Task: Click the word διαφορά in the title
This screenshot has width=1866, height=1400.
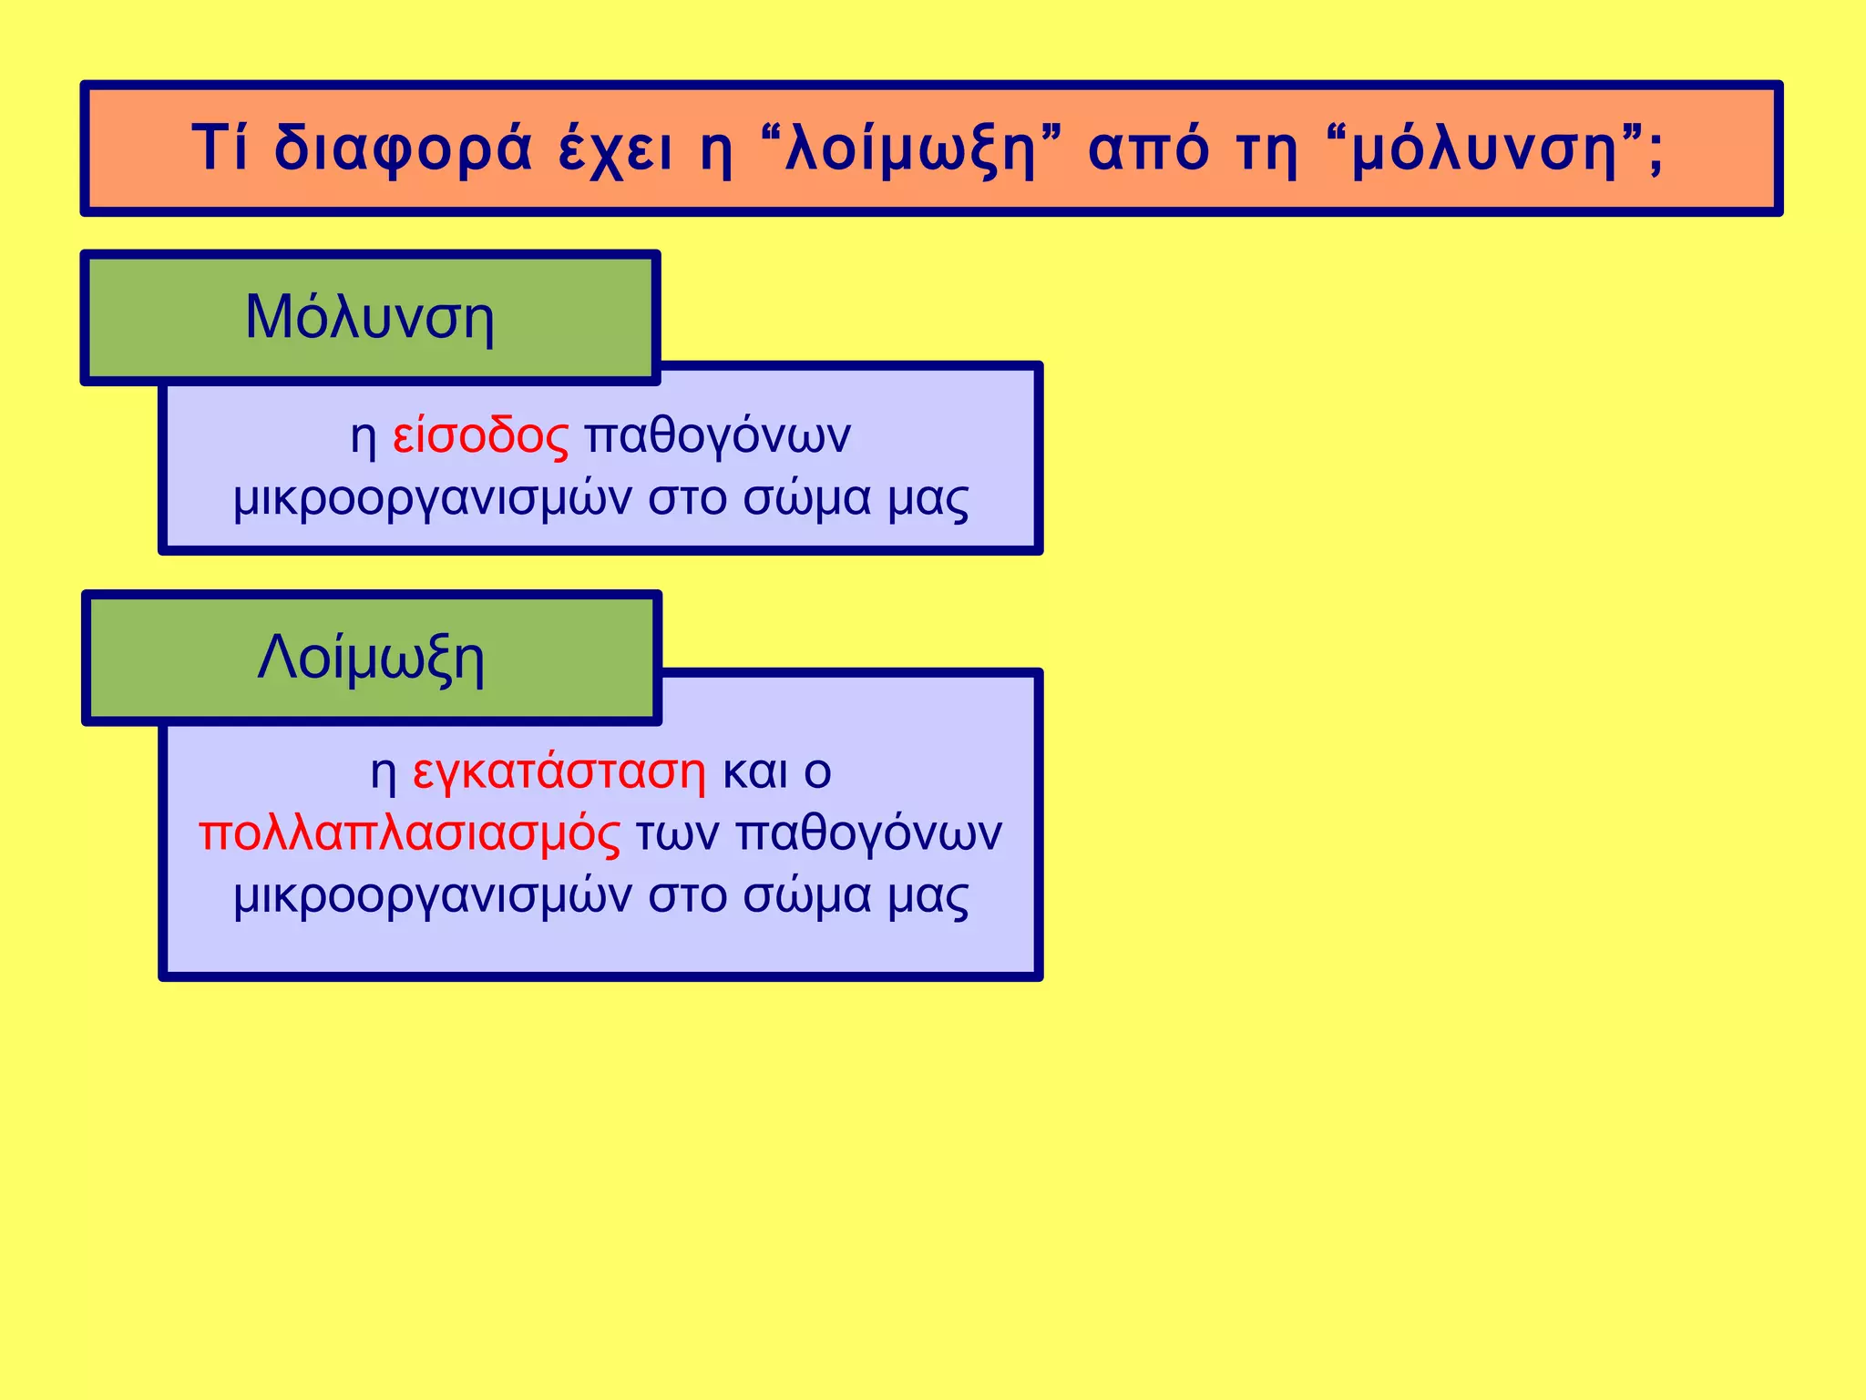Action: (x=404, y=148)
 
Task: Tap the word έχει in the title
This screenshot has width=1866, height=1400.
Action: (x=616, y=148)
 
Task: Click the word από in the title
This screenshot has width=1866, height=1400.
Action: (x=1148, y=148)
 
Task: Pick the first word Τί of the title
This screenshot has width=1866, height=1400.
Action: (x=220, y=148)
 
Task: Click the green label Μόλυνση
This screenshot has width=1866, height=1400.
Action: (x=370, y=318)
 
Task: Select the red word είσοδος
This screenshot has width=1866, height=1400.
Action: (x=481, y=435)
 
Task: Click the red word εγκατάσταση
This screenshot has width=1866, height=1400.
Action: (x=559, y=772)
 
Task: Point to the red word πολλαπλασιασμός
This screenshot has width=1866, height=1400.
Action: (x=410, y=833)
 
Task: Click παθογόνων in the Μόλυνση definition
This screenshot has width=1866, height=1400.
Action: (x=718, y=435)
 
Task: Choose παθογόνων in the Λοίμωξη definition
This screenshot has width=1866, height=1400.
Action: (x=869, y=833)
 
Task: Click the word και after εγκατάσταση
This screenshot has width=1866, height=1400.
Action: (x=755, y=772)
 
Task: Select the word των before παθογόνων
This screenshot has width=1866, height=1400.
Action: (x=678, y=833)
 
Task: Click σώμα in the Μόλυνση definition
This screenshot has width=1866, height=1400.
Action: (x=807, y=498)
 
